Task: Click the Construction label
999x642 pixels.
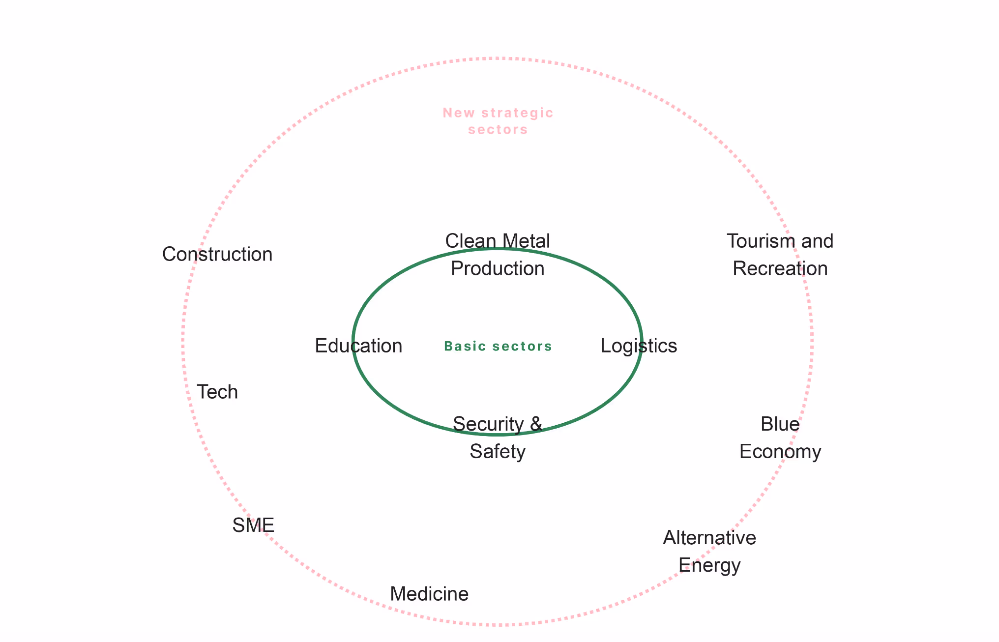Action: tap(217, 255)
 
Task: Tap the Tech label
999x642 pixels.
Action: tap(217, 392)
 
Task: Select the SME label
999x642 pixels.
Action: tap(253, 525)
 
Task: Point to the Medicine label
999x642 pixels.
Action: tap(429, 594)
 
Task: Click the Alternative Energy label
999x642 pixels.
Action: tap(709, 552)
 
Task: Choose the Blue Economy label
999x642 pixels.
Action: tap(780, 438)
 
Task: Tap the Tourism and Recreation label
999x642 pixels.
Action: tap(780, 255)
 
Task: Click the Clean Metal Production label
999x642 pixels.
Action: tap(498, 255)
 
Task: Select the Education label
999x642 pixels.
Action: tap(358, 346)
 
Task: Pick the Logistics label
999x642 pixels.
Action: tap(639, 346)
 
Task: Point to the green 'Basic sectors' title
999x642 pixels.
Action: tap(498, 347)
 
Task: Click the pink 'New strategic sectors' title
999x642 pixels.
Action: tap(498, 121)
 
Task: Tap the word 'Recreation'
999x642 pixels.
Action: tap(780, 269)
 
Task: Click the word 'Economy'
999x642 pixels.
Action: tap(780, 452)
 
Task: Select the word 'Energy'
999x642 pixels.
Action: tap(709, 565)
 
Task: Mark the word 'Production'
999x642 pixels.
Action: tap(498, 269)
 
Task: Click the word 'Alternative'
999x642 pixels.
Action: tap(709, 538)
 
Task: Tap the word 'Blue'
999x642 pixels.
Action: tap(780, 424)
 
